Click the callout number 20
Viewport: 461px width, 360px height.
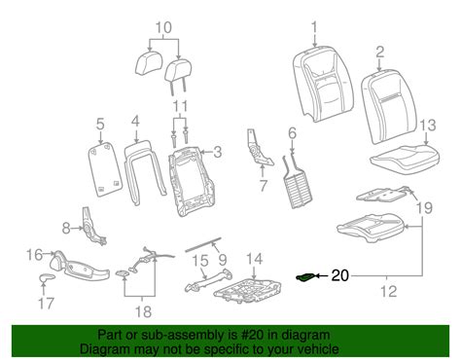pos(339,275)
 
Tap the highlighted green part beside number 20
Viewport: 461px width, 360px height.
pos(305,277)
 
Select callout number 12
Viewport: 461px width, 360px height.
pos(388,291)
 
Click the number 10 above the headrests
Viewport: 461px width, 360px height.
pos(163,27)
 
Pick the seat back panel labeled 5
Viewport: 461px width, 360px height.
pos(106,169)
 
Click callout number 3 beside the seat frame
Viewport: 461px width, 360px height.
pos(218,152)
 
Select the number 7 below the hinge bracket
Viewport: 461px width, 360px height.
pos(264,186)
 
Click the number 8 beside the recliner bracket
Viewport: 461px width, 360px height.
pos(66,229)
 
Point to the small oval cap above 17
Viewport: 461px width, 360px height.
pos(47,278)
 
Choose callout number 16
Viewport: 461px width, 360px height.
pos(35,255)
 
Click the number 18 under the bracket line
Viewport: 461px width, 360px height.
pos(143,311)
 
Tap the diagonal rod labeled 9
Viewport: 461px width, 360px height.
pos(203,244)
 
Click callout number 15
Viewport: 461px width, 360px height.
pos(200,261)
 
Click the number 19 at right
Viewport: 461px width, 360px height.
pos(424,207)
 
